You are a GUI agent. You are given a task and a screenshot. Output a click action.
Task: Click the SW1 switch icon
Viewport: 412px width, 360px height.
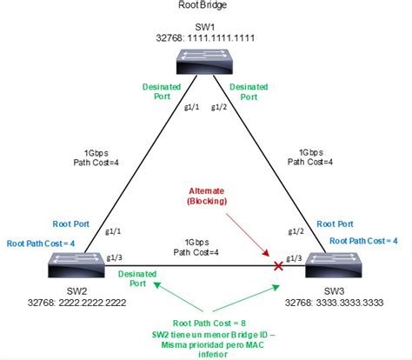pyautogui.click(x=206, y=60)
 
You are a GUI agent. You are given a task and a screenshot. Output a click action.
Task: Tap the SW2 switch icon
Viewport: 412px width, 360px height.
pyautogui.click(x=75, y=263)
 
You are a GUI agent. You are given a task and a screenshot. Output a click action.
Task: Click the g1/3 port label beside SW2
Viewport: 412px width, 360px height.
pyautogui.click(x=113, y=259)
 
